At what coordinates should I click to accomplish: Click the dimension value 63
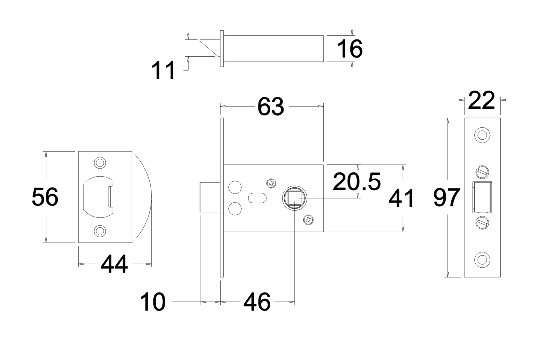[x=271, y=107]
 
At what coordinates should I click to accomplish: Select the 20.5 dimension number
[x=357, y=182]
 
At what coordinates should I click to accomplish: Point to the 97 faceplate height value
[x=446, y=198]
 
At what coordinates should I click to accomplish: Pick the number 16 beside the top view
[x=349, y=49]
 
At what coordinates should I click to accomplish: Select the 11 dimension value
[x=164, y=71]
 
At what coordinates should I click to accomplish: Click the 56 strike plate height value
[x=45, y=197]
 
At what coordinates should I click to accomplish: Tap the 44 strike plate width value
[x=114, y=264]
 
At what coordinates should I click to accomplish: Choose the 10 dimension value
[x=152, y=302]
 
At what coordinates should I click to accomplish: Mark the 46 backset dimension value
[x=257, y=302]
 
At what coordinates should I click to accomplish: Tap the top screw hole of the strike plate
[x=100, y=163]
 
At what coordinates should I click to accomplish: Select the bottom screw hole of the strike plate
[x=100, y=230]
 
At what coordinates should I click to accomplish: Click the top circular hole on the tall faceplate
[x=482, y=135]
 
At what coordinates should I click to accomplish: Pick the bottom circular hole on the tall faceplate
[x=482, y=259]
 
